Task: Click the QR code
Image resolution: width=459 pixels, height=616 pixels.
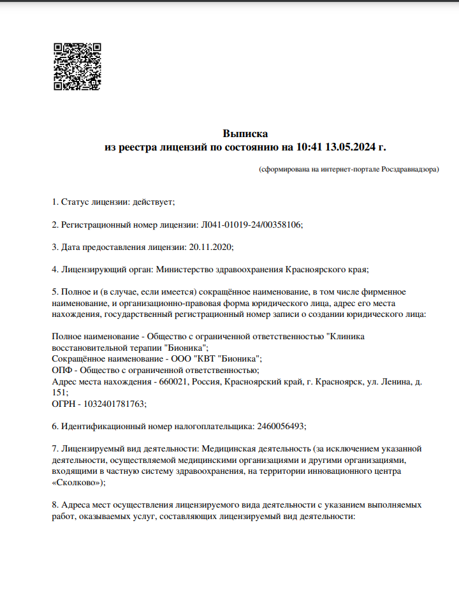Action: (76, 67)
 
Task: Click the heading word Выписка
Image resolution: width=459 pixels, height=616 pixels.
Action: (245, 133)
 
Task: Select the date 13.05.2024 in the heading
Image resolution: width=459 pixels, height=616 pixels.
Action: (351, 148)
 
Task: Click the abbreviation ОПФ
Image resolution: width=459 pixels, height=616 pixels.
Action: (61, 370)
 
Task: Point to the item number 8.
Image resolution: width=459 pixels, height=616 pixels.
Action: (54, 504)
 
